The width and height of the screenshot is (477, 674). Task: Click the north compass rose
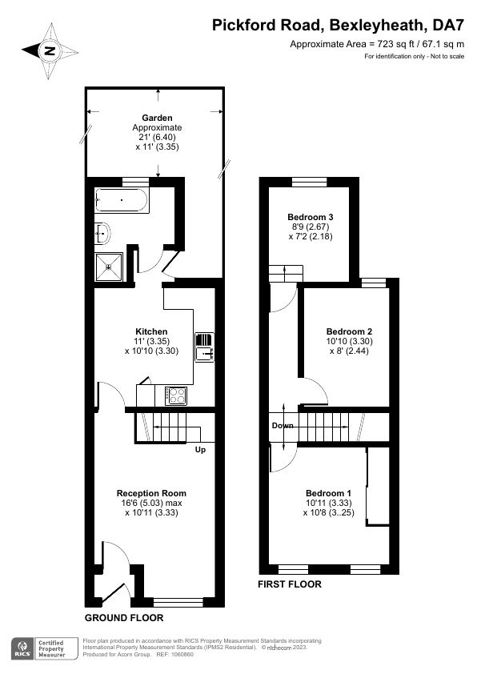click(x=50, y=51)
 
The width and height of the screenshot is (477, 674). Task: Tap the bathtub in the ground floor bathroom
click(x=122, y=200)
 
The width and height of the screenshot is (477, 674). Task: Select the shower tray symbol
click(x=109, y=267)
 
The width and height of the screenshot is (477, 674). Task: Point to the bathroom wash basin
click(x=102, y=234)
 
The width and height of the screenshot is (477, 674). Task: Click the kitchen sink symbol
click(x=205, y=347)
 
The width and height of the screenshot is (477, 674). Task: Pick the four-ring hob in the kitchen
click(x=176, y=395)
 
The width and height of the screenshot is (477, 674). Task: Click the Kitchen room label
click(x=151, y=331)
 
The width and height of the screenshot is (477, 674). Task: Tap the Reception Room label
click(x=151, y=493)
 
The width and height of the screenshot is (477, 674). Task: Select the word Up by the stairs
click(x=200, y=450)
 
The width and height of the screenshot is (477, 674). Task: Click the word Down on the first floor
click(x=283, y=426)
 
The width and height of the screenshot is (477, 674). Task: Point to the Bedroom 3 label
click(x=311, y=217)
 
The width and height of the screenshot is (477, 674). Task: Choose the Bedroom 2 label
click(x=349, y=331)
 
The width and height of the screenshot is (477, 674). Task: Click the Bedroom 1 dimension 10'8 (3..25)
click(x=329, y=512)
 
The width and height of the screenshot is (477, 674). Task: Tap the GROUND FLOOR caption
click(x=124, y=618)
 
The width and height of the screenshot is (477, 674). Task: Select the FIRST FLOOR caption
click(x=290, y=584)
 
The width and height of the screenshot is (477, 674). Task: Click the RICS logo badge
click(x=22, y=648)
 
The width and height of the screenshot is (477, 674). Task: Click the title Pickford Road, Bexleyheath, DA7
click(x=339, y=26)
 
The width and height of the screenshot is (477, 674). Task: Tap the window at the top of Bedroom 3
click(x=310, y=182)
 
